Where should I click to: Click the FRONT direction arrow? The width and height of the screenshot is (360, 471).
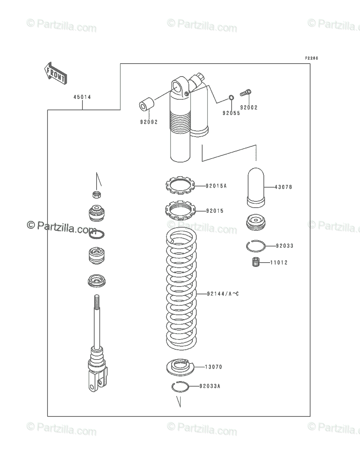(55, 73)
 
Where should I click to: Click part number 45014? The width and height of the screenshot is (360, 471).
(82, 97)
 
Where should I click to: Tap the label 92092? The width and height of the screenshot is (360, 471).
(148, 122)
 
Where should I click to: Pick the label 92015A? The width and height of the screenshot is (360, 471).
(216, 186)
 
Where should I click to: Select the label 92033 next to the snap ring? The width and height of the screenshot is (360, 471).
(284, 246)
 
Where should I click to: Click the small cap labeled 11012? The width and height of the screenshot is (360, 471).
(257, 263)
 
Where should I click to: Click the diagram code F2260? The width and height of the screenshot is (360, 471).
(312, 58)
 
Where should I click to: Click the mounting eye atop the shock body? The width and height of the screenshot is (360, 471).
(180, 86)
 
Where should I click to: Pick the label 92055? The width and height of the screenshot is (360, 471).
(231, 113)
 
